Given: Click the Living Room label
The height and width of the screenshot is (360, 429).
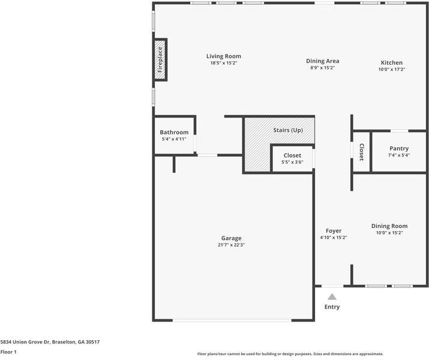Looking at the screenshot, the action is pos(224,56).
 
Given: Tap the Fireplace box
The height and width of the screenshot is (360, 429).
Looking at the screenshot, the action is pos(160,59).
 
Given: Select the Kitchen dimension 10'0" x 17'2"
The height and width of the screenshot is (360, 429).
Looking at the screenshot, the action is pos(392,70).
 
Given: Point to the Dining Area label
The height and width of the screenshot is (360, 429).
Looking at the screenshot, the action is pos(323,61).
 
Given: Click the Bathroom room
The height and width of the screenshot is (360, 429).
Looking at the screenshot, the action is pos(175,135).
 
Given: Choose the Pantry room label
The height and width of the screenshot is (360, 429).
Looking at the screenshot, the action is pos(399,149).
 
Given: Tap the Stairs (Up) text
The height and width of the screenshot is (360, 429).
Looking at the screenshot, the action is pos(288,130).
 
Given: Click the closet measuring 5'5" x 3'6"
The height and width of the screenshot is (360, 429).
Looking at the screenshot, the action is pos(292,158).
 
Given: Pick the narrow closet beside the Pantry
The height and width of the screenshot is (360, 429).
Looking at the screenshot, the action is pos(361,152).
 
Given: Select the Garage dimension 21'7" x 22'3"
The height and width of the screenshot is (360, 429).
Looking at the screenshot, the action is pos(231,245).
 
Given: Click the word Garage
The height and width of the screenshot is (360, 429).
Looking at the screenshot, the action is pos(231,238).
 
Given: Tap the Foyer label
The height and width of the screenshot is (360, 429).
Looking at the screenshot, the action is pos(334,231).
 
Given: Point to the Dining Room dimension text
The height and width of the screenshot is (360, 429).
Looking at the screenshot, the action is pos(389,233).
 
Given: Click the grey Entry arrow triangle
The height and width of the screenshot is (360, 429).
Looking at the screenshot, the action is pos(332,297).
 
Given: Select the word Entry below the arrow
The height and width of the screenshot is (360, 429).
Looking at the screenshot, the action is pos(332,307).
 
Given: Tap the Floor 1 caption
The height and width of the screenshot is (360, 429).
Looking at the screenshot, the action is pos(8,352).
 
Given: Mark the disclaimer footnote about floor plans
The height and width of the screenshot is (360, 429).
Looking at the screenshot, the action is pos(290,354).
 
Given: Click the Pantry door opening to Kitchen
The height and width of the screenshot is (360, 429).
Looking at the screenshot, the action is pos(399,131).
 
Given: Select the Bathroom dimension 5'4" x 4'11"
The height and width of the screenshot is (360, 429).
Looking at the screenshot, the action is pos(174,139).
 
